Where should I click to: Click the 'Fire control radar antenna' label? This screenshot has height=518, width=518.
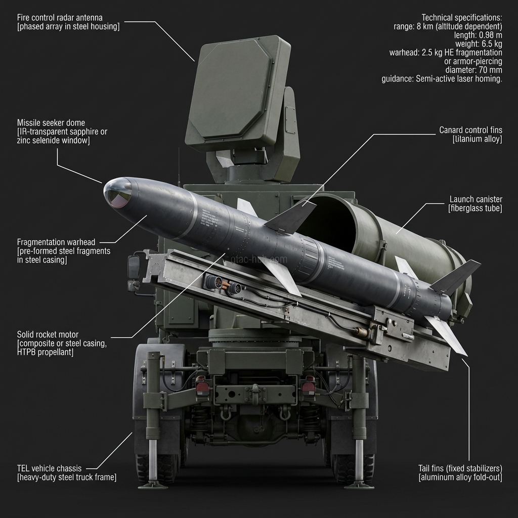[60, 18]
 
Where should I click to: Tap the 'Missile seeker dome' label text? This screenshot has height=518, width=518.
[51, 123]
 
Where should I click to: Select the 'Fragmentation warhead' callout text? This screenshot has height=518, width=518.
[56, 242]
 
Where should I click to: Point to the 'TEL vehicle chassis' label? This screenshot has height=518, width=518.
[49, 468]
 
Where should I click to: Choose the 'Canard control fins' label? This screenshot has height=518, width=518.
[470, 131]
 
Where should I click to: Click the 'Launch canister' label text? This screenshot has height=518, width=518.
[476, 199]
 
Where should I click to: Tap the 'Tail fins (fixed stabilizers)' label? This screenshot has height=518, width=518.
[460, 468]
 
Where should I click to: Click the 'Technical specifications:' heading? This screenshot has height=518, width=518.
[461, 18]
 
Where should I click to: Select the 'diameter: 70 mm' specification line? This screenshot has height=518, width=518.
[473, 70]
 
